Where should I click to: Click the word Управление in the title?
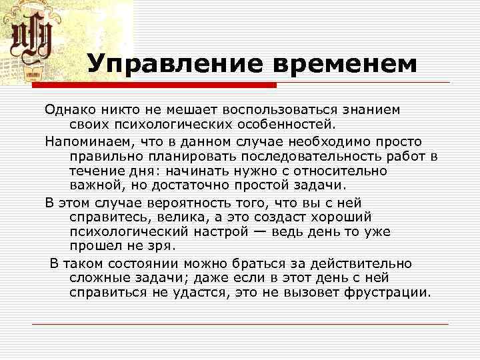(x=174, y=64)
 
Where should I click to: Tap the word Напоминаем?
(x=88, y=141)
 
